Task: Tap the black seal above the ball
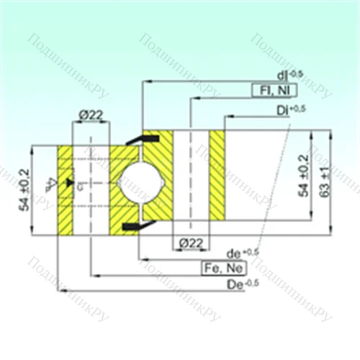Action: (x=134, y=140)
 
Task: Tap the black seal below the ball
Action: (x=134, y=227)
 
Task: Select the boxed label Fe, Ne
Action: (x=224, y=269)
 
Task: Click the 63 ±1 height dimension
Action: (x=325, y=183)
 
